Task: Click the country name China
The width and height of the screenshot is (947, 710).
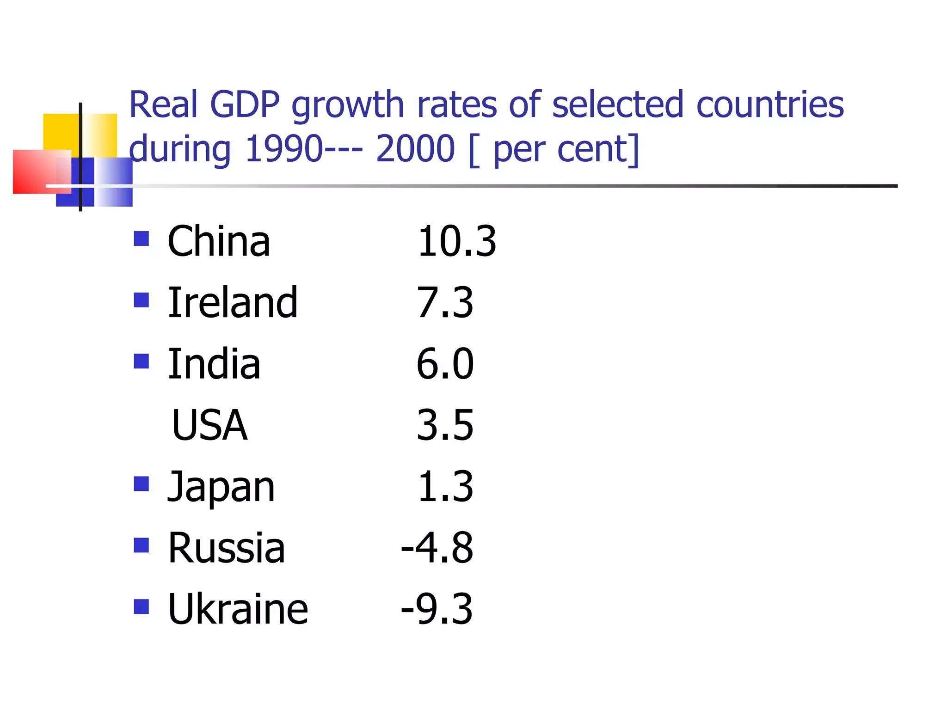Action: [x=219, y=241]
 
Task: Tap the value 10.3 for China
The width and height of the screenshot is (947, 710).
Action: [x=456, y=241]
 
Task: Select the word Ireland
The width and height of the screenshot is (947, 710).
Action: [x=233, y=303]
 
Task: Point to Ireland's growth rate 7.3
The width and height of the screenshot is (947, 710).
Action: [x=445, y=303]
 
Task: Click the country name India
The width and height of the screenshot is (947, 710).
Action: [x=214, y=364]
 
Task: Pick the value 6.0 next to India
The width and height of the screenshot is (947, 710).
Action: [x=445, y=364]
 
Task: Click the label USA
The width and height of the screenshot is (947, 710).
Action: [x=209, y=425]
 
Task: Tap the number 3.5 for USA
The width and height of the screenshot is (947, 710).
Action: [x=445, y=425]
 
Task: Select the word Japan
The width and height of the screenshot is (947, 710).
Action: [x=221, y=487]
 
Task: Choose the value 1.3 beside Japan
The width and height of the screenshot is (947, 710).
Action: [x=445, y=487]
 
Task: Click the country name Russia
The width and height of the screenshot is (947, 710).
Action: [x=226, y=548]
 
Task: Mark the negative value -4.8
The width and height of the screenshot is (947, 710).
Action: [x=437, y=548]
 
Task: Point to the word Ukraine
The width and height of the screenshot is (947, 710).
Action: [x=238, y=609]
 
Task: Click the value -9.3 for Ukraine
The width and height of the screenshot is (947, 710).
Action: [x=437, y=609]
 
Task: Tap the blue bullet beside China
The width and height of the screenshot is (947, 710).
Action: [x=141, y=239]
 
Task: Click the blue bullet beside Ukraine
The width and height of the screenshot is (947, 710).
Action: [x=141, y=606]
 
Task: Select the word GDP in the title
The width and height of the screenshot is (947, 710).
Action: [x=245, y=104]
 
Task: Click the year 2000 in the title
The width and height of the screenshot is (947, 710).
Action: [x=415, y=149]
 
